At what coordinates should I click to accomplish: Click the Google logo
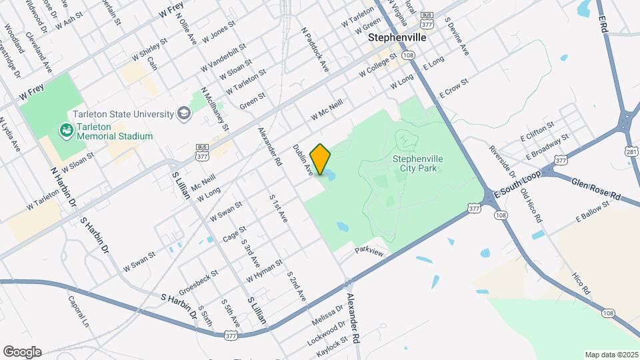click(22, 352)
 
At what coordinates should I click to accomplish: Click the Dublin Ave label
click(303, 160)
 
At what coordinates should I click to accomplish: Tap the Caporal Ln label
click(78, 311)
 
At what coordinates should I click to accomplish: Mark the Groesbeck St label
click(199, 282)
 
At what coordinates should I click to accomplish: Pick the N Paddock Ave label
click(315, 49)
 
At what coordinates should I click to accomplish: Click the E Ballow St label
click(593, 213)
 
